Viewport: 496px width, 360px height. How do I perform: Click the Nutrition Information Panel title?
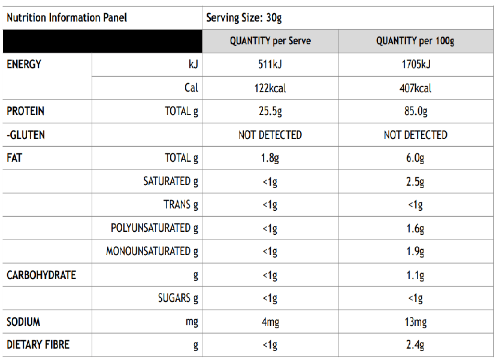(x=66, y=17)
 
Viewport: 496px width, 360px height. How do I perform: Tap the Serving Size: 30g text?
(x=244, y=17)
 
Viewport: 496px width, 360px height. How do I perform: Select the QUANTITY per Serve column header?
(x=270, y=41)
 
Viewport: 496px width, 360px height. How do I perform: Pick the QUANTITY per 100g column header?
(x=415, y=41)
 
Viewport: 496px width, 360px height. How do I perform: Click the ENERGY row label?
(x=24, y=64)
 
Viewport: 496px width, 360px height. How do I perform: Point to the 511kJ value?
(x=270, y=65)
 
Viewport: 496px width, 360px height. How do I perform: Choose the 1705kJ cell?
(x=415, y=65)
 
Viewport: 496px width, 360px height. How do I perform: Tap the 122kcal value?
(x=270, y=88)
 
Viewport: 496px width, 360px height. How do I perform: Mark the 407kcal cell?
(x=415, y=88)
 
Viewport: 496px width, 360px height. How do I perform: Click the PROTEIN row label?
(x=25, y=111)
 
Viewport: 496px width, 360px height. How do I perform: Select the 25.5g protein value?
(x=270, y=111)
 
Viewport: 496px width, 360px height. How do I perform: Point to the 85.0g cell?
(x=415, y=111)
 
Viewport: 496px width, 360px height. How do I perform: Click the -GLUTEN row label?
(x=26, y=135)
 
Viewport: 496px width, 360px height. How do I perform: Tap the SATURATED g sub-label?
(x=170, y=181)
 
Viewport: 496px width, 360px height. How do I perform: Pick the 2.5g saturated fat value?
(x=415, y=181)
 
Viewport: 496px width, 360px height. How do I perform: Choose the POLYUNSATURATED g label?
(x=154, y=228)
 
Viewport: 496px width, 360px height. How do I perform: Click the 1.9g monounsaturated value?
(x=415, y=252)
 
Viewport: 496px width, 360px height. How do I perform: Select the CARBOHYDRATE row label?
(x=41, y=275)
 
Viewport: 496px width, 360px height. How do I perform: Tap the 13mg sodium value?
(x=415, y=322)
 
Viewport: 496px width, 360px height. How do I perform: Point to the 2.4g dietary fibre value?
(x=415, y=345)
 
